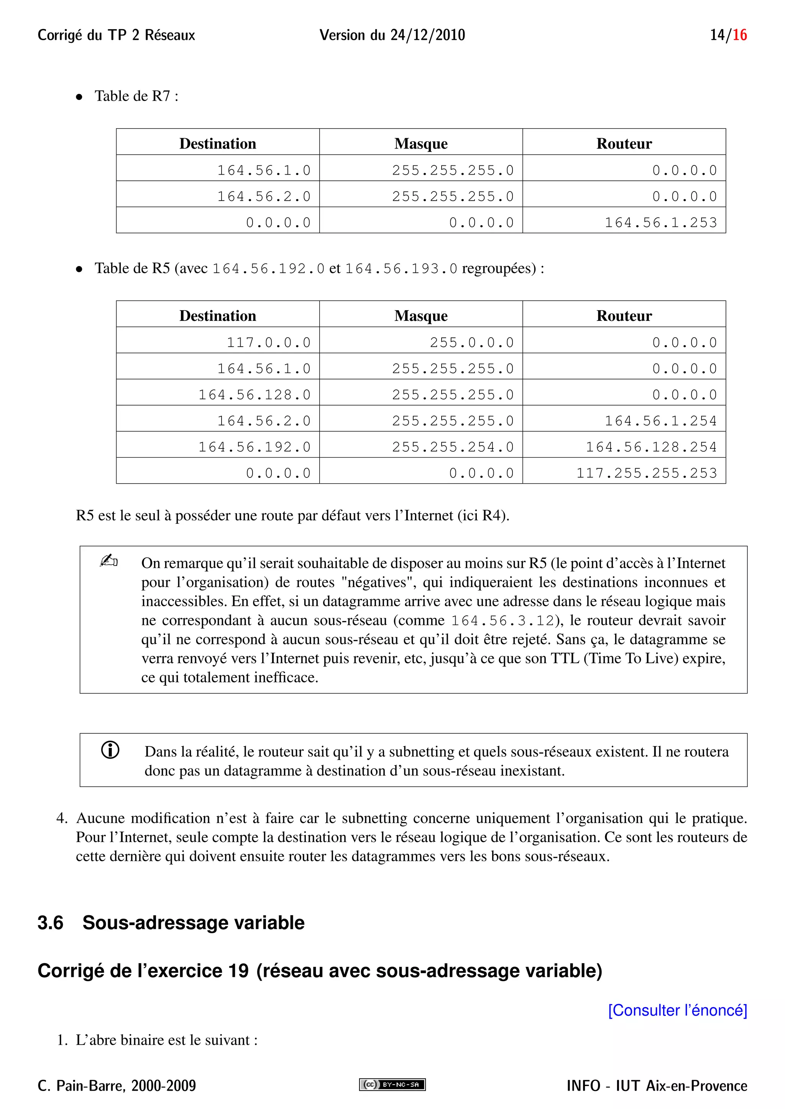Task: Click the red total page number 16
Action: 739,35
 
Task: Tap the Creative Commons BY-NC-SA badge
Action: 392,1085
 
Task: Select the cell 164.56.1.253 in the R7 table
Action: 661,222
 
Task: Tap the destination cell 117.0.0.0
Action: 268,342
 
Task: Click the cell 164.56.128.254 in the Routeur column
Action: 651,447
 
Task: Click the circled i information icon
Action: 110,750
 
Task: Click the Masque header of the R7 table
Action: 420,144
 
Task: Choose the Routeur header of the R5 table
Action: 624,316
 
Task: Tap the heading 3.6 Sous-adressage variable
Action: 171,923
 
